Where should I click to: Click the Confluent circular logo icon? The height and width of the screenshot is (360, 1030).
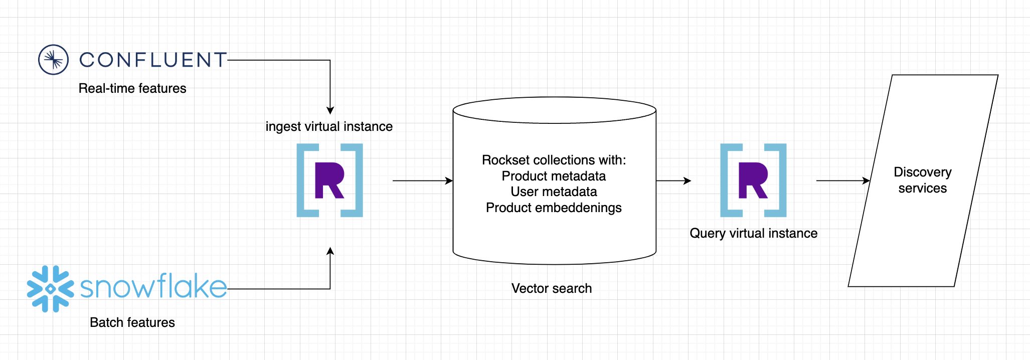coord(53,60)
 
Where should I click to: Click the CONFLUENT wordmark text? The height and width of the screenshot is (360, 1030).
coord(153,60)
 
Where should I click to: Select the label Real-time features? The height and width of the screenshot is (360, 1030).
coord(132,89)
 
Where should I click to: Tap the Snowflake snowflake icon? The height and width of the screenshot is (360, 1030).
coord(50,289)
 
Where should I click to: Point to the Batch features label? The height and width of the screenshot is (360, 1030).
coord(132,322)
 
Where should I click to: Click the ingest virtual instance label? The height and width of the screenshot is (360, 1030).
coord(329,126)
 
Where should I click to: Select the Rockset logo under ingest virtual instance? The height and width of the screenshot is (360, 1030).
coord(329,181)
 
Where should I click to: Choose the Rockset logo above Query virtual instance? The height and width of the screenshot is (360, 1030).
coord(753,181)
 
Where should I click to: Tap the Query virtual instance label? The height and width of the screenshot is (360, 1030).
coord(753,233)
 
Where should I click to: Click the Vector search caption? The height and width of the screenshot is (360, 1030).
coord(552,288)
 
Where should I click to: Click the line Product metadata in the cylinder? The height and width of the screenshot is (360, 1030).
coord(554,176)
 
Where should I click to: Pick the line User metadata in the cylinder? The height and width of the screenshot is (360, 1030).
coord(554,192)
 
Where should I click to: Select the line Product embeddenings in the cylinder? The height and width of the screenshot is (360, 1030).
coord(554,208)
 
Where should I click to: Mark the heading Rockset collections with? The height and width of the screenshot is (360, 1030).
coord(554,160)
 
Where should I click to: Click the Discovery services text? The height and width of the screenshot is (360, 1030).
coord(923,180)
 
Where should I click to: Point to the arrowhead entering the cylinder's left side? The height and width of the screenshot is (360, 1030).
coord(449,181)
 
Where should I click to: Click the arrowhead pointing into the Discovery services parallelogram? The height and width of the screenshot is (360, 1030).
coord(866,181)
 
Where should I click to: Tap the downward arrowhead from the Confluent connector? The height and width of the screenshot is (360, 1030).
coord(330,111)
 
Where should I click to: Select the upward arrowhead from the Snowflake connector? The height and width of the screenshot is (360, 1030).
coord(330,251)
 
